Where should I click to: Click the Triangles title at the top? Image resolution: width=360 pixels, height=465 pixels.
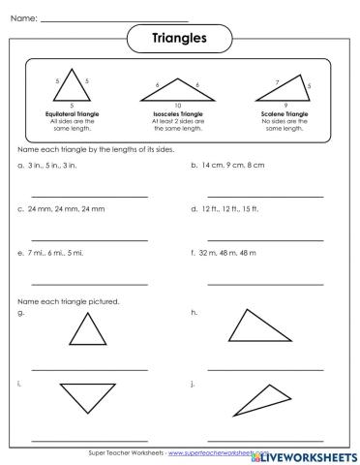(x=180, y=38)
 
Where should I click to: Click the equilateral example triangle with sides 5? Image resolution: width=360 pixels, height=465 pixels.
(x=73, y=85)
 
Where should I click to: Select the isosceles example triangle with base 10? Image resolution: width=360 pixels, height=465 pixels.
(x=177, y=89)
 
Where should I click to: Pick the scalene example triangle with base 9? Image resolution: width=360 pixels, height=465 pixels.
(x=283, y=89)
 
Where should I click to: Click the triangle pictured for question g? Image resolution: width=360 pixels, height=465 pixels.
(x=88, y=333)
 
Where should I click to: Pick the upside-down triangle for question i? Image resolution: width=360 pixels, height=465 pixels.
(x=89, y=396)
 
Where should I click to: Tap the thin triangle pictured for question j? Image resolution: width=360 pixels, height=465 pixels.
(x=264, y=397)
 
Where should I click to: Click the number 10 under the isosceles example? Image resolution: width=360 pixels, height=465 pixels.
(x=177, y=104)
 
